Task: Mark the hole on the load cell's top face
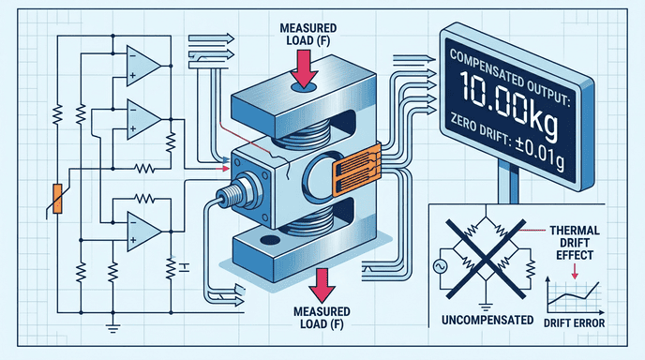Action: tap(301, 88)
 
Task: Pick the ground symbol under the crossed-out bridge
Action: tap(485, 303)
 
